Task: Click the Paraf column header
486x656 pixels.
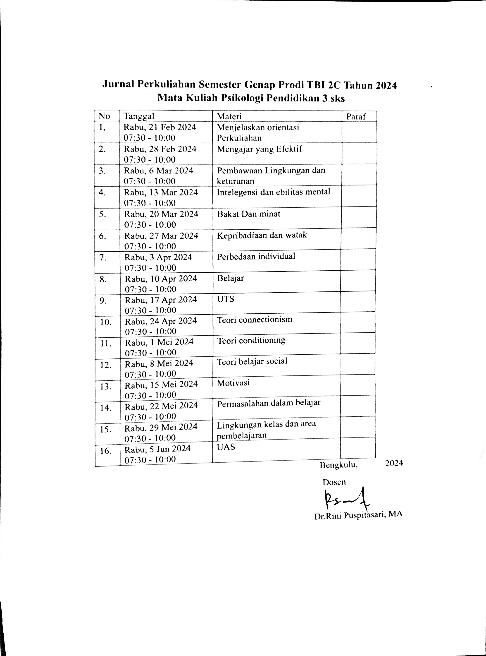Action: [x=356, y=117]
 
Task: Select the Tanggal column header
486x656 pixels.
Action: [x=138, y=116]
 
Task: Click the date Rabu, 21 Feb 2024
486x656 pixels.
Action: [x=160, y=127]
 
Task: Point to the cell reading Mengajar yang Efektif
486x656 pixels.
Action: [x=260, y=149]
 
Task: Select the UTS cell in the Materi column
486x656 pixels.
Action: [x=226, y=299]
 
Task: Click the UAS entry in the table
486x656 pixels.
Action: [x=226, y=447]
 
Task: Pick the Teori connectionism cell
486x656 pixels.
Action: [x=255, y=320]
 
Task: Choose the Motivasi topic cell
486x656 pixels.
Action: [x=233, y=383]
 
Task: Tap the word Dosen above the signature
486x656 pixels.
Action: [x=334, y=482]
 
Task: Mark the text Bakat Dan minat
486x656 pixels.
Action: [x=249, y=214]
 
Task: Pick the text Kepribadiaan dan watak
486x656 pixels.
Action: [x=262, y=235]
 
